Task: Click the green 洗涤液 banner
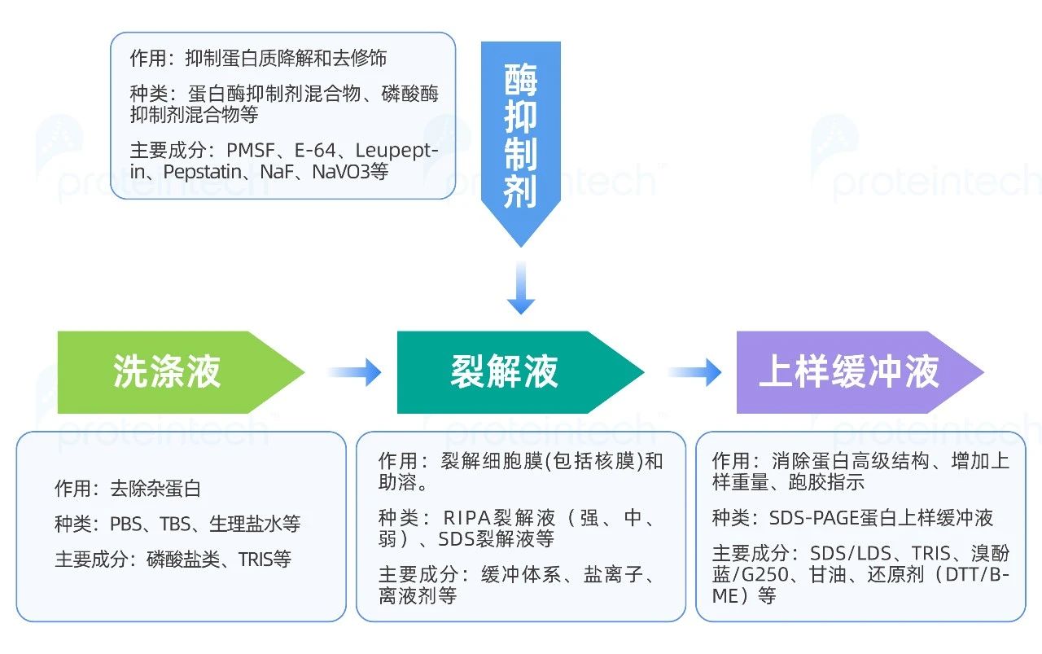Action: pyautogui.click(x=167, y=372)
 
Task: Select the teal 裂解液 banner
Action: pyautogui.click(x=505, y=372)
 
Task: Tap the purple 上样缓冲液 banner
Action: pyautogui.click(x=848, y=372)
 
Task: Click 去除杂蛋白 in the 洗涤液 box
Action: pyautogui.click(x=155, y=489)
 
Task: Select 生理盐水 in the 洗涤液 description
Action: pyautogui.click(x=241, y=524)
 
